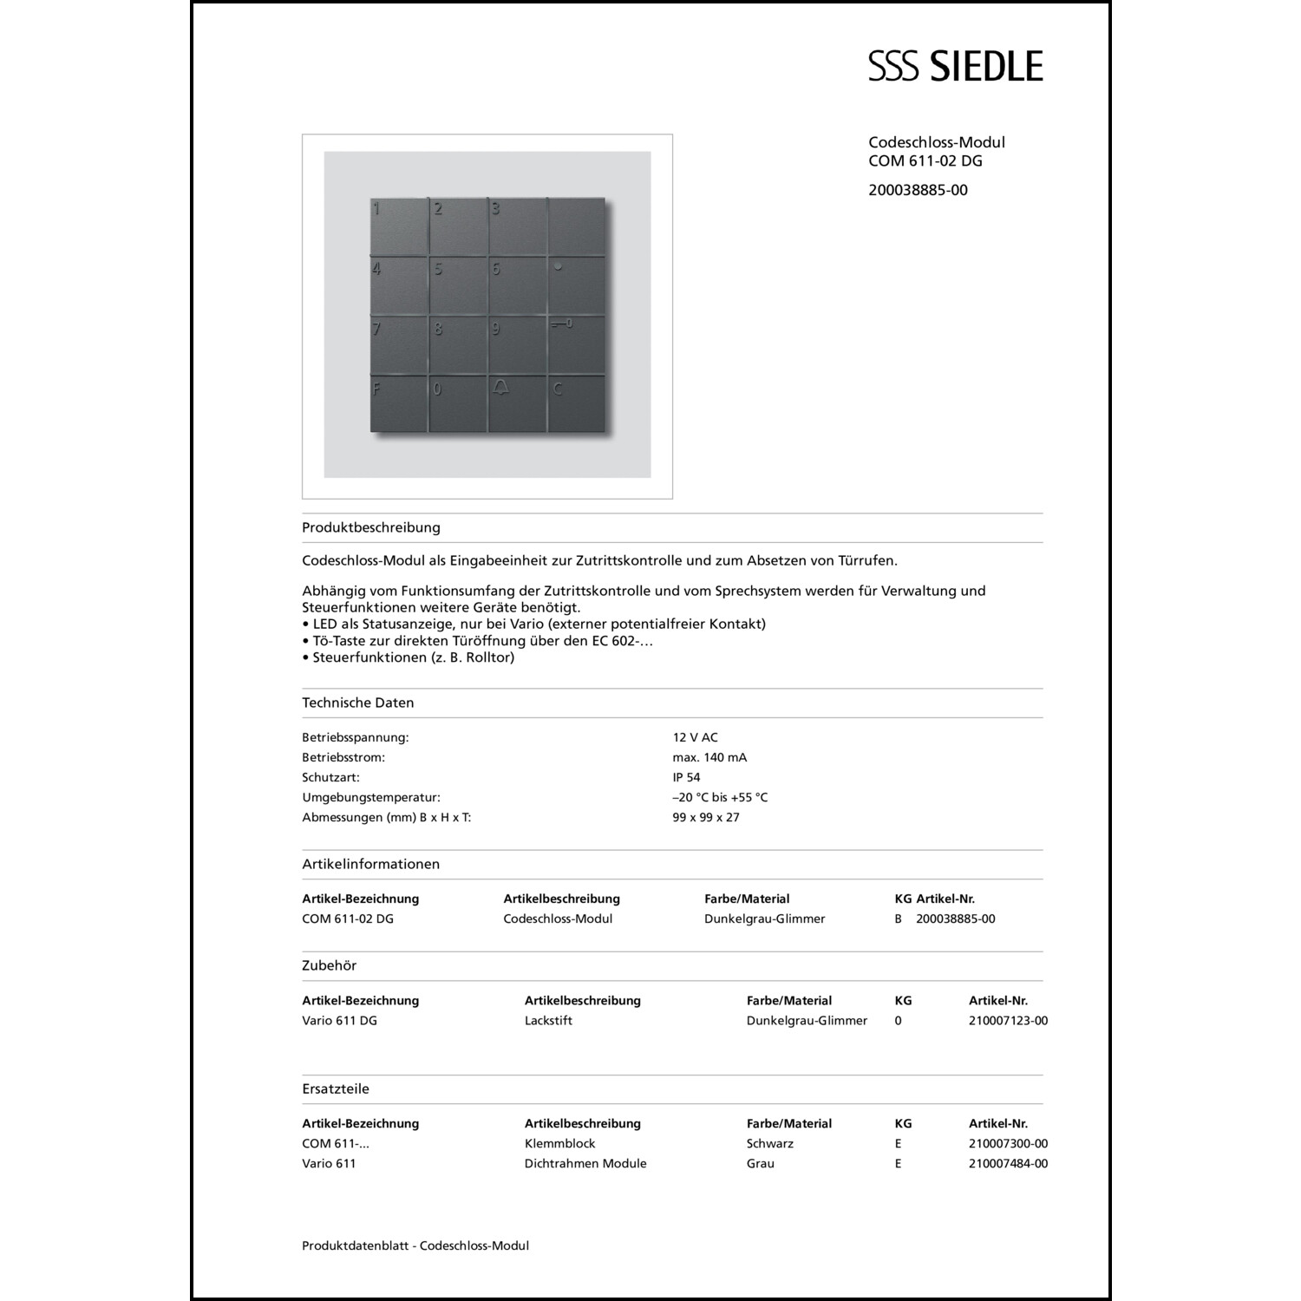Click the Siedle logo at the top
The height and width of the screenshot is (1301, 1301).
955,67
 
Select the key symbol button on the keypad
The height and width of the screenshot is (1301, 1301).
576,343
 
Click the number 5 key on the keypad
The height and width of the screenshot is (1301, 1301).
458,284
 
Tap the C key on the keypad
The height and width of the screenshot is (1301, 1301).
576,402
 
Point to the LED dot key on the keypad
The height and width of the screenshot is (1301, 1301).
576,284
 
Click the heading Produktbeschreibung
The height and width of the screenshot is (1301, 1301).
371,527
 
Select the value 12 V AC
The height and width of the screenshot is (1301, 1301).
695,737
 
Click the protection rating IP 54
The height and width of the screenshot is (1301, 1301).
686,777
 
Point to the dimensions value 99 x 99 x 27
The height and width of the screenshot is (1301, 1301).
706,817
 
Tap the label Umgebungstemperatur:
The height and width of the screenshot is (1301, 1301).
371,797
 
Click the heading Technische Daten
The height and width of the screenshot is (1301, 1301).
358,703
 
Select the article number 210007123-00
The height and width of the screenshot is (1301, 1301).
1008,1021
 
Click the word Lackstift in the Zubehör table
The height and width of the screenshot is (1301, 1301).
548,1021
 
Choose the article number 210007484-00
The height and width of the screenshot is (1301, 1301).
1008,1164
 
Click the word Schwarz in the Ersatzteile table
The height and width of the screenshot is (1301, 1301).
770,1144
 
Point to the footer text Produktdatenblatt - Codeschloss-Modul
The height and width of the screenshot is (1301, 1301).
415,1245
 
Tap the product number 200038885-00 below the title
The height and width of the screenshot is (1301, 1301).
918,190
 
